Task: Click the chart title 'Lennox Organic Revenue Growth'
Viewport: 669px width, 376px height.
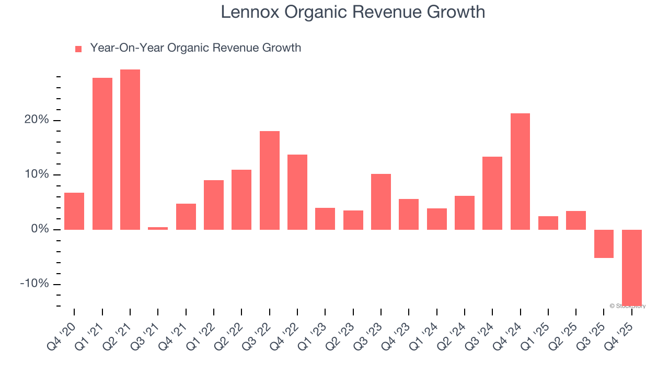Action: [x=353, y=12]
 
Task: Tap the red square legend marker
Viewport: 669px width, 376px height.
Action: [x=78, y=49]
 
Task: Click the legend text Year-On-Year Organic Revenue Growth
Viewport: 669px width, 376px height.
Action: [x=195, y=48]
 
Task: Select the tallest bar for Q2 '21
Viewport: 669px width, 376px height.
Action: [x=130, y=149]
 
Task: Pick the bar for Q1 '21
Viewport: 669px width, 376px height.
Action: [x=102, y=154]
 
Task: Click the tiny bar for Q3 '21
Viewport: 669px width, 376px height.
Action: [x=158, y=228]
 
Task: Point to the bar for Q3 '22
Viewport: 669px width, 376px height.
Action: [x=270, y=180]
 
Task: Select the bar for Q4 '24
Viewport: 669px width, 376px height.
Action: [x=520, y=171]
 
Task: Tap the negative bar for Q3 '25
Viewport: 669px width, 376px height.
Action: [x=604, y=243]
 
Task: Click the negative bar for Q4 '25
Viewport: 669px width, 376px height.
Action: [x=631, y=267]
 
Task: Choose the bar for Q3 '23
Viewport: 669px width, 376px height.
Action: [x=381, y=202]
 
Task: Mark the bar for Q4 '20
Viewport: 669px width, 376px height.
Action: [x=74, y=211]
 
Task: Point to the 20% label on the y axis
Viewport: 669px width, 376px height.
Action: [x=36, y=120]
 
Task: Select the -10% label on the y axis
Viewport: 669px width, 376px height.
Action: [x=34, y=284]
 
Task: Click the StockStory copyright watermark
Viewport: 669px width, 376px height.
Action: [x=628, y=306]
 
